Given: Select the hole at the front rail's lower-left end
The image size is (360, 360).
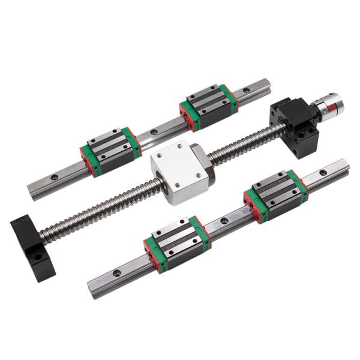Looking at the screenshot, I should [116, 273].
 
